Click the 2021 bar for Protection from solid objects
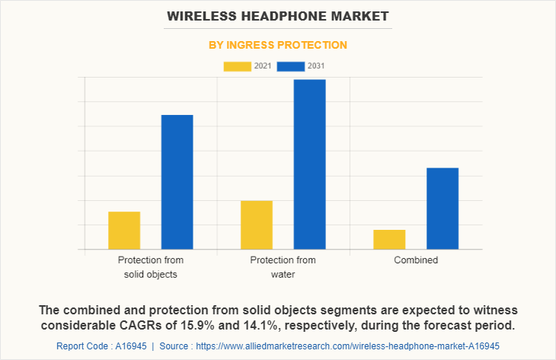(124, 230)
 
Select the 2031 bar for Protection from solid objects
(177, 182)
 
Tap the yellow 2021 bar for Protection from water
(257, 225)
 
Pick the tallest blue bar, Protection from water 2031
(309, 164)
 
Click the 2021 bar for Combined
(389, 239)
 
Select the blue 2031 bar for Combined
(443, 208)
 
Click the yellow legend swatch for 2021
(237, 66)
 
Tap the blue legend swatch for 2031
(290, 66)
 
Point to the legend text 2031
(316, 66)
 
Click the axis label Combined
(416, 260)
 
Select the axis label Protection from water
(283, 267)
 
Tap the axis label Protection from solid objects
(150, 267)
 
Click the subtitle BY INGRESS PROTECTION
(278, 45)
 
